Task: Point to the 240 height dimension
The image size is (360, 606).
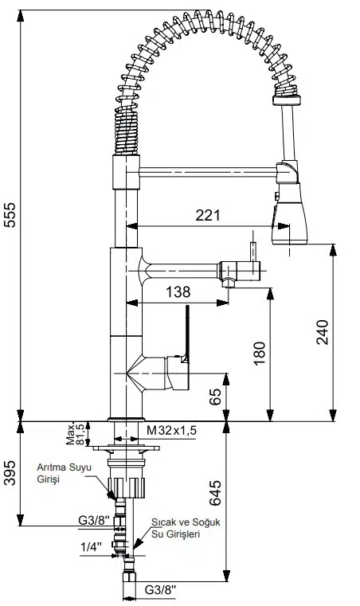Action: coord(323,332)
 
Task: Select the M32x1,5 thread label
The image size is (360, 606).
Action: coord(172,431)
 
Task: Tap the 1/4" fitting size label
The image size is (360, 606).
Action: coord(91,547)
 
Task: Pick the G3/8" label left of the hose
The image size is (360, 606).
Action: coord(94,521)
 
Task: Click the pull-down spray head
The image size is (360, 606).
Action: coord(288,211)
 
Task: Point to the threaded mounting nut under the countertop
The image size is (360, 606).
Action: coord(127,484)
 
